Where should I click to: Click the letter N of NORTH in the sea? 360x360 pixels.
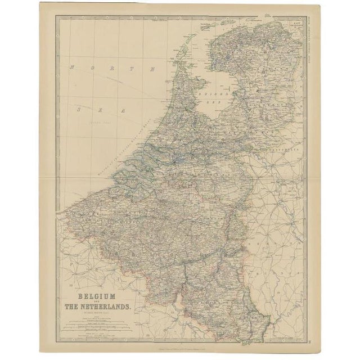coord(73,67)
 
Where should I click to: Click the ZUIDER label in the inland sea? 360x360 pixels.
coord(214,89)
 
